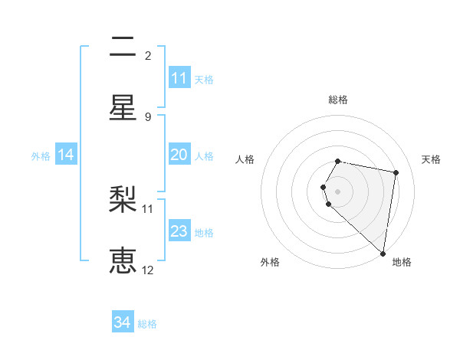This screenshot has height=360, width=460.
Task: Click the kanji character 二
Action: click(x=123, y=47)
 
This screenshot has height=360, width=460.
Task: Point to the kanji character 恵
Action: click(x=123, y=261)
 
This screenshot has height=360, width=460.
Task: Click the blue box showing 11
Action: click(x=179, y=78)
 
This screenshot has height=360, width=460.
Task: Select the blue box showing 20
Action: click(x=179, y=155)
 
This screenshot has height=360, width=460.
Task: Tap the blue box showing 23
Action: click(x=179, y=231)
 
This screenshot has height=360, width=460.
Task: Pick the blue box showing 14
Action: click(x=66, y=155)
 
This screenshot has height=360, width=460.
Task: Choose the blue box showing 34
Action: click(x=123, y=322)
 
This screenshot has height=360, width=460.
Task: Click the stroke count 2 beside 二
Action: click(x=148, y=55)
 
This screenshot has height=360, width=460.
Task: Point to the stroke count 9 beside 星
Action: click(x=148, y=116)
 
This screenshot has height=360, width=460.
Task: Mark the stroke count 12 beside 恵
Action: click(x=148, y=270)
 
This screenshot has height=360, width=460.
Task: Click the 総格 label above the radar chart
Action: click(x=338, y=100)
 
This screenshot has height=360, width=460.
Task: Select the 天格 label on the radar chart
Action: click(x=431, y=159)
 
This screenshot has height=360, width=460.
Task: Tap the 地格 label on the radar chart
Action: click(x=402, y=262)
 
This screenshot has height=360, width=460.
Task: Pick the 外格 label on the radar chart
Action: click(x=270, y=262)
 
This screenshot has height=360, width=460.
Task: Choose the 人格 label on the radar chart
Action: click(x=245, y=159)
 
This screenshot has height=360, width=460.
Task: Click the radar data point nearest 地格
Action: click(x=383, y=254)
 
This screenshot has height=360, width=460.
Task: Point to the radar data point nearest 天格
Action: click(x=396, y=173)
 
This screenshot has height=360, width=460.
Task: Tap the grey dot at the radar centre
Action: click(x=338, y=191)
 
